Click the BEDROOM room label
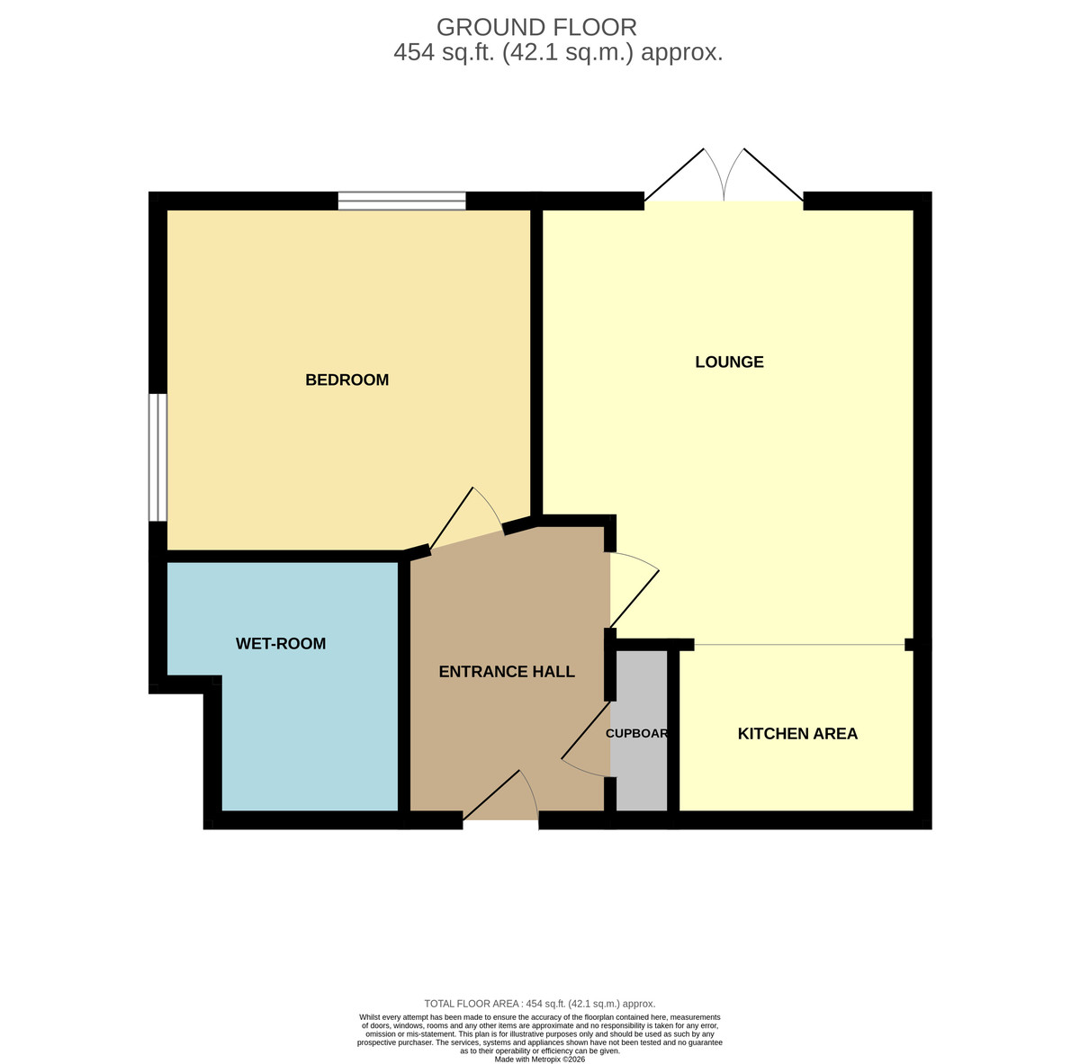(x=346, y=380)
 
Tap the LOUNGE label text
(x=729, y=362)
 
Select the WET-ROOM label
(x=281, y=643)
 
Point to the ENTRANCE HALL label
(x=507, y=671)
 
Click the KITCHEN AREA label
(x=797, y=733)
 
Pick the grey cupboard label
(x=636, y=733)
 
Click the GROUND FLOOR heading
(x=536, y=28)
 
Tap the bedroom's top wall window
(x=401, y=201)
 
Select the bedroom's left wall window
(x=158, y=458)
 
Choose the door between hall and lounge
(x=634, y=589)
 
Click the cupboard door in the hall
(x=585, y=738)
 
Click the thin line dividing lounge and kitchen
(x=800, y=644)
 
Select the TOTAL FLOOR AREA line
(x=540, y=1004)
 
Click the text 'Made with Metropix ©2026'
(x=540, y=1059)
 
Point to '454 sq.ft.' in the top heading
(x=445, y=53)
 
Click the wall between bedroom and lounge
(x=536, y=362)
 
